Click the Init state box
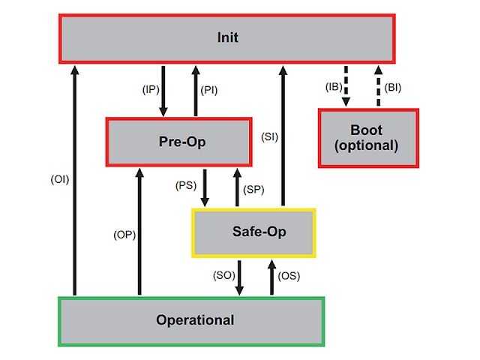pyautogui.click(x=227, y=37)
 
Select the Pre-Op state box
pyautogui.click(x=178, y=142)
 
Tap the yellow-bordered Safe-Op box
pyautogui.click(x=254, y=231)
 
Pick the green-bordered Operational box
pyautogui.click(x=191, y=320)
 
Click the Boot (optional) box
pyautogui.click(x=367, y=137)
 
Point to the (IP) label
pyautogui.click(x=151, y=89)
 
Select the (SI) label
pyautogui.click(x=269, y=137)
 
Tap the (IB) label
pyautogui.click(x=333, y=88)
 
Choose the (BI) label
pyautogui.click(x=392, y=88)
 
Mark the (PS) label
pyautogui.click(x=187, y=185)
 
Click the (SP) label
pyautogui.click(x=255, y=190)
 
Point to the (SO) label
pyautogui.click(x=223, y=276)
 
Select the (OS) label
pyautogui.click(x=289, y=276)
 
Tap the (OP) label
pyautogui.click(x=124, y=235)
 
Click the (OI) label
pyautogui.click(x=59, y=179)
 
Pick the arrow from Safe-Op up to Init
pyautogui.click(x=283, y=135)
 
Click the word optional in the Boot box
pyautogui.click(x=367, y=145)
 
